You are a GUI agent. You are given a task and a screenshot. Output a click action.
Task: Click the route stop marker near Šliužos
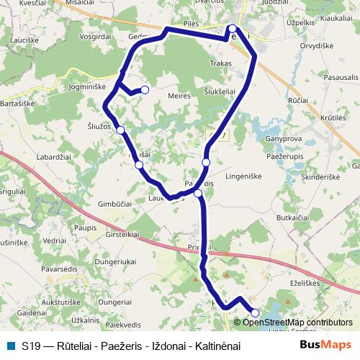[121, 130]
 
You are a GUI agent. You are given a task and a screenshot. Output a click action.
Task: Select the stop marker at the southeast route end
[255, 312]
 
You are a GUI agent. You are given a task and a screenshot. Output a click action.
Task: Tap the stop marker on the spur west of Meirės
[145, 90]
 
